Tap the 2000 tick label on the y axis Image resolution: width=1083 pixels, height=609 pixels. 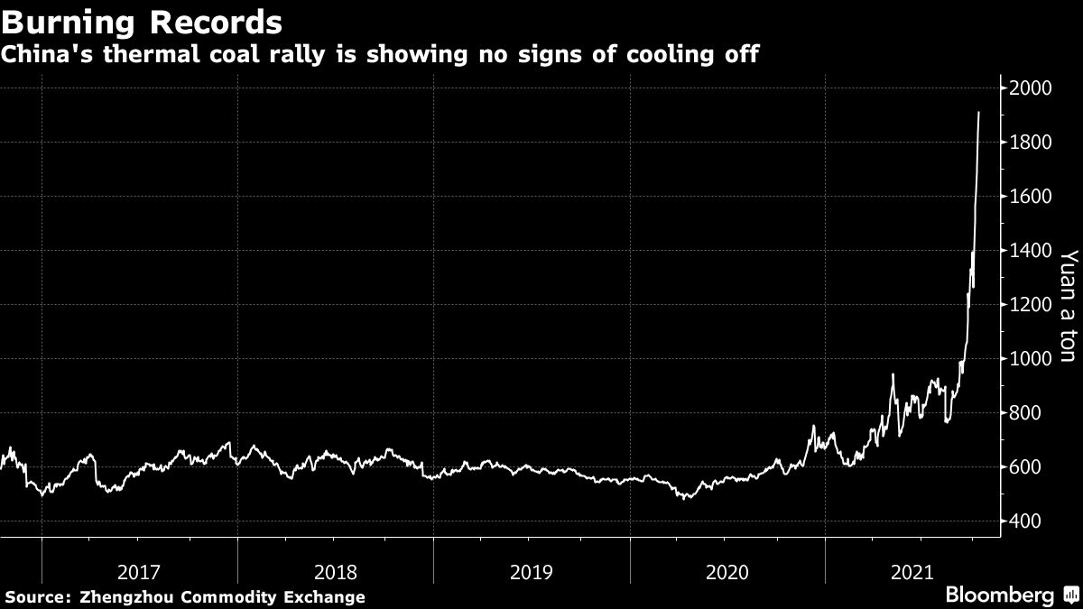pos(1032,88)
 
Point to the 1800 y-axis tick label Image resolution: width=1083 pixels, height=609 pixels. pos(1032,143)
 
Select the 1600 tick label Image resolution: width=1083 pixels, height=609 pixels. pos(1032,197)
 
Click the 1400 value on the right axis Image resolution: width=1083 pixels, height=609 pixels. pos(1032,251)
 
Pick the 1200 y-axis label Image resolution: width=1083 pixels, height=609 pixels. pos(1032,305)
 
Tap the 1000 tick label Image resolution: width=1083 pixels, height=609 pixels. pos(1032,359)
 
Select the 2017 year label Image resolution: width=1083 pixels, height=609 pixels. pos(140,571)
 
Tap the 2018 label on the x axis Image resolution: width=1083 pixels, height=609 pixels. pos(336,571)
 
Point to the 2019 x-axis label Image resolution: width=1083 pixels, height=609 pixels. pos(532,571)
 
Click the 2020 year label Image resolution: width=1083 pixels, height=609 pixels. pos(727,571)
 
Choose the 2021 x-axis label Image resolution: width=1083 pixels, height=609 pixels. pos(913,571)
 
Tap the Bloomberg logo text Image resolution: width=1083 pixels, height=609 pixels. pos(999,595)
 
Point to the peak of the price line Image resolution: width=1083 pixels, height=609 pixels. pos(979,113)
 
